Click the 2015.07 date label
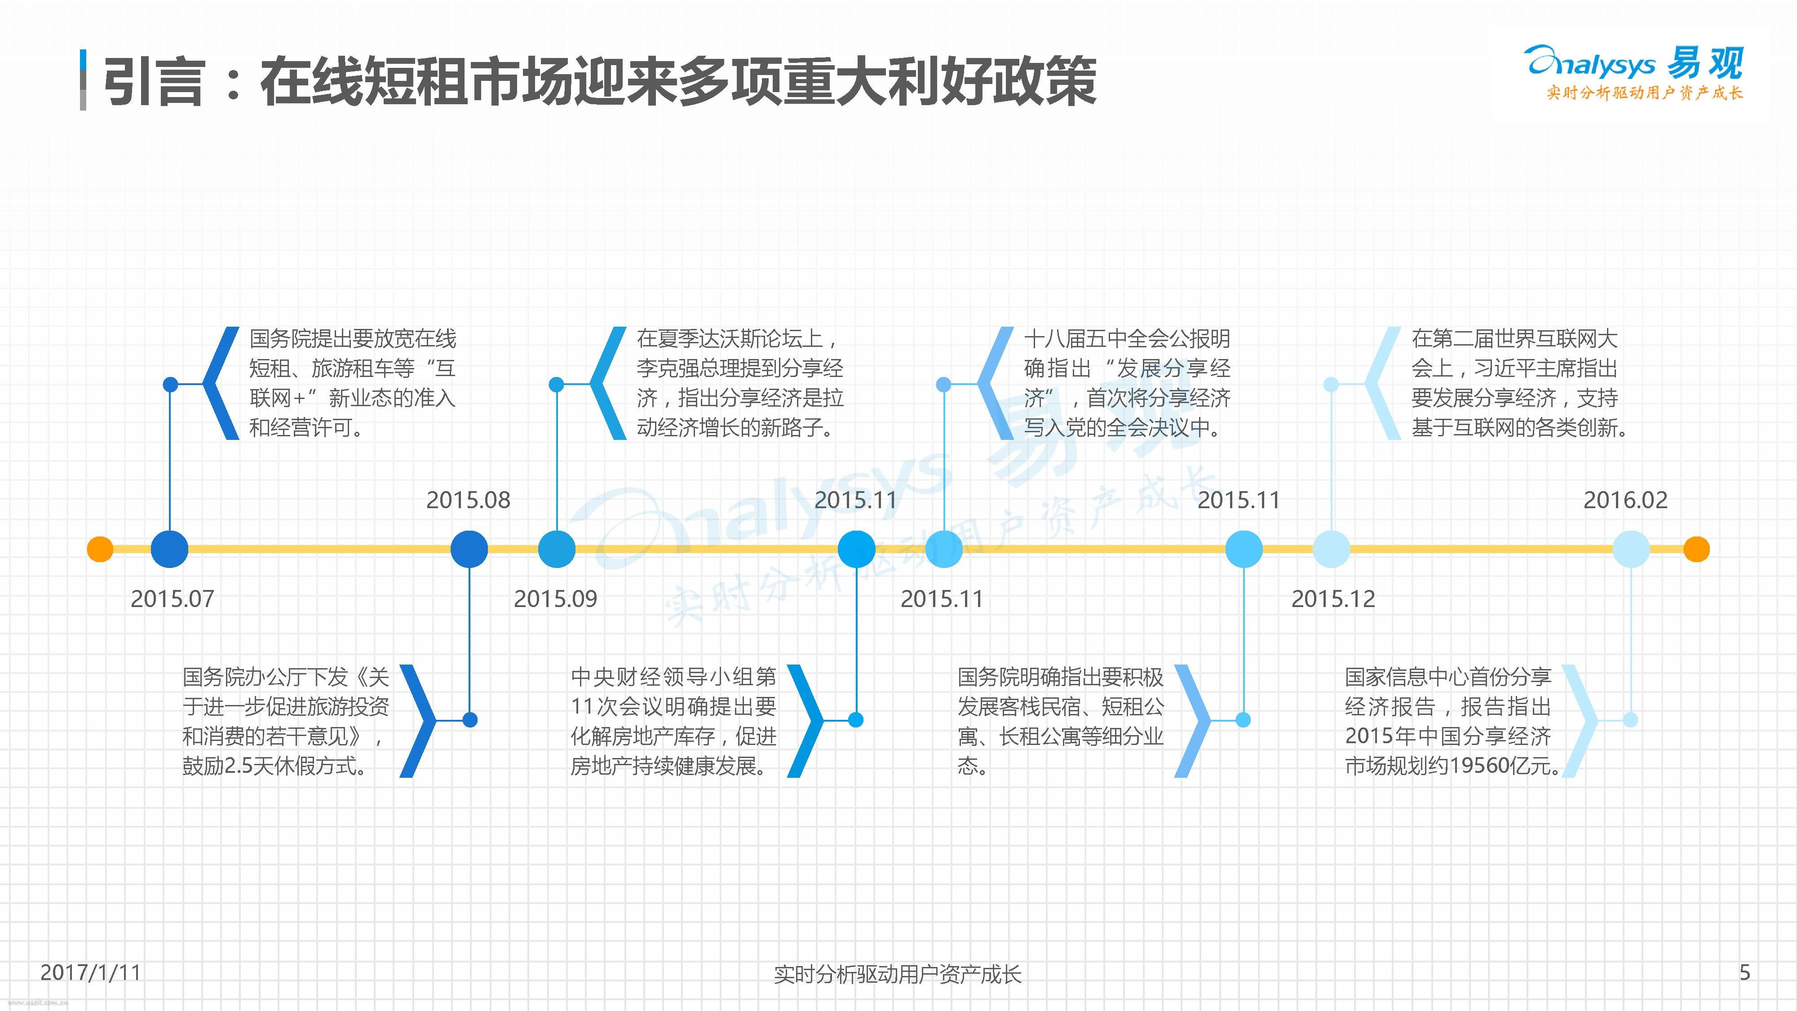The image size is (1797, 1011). pos(173,599)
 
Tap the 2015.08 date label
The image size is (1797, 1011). pos(468,500)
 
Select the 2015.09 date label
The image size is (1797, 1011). pos(555,599)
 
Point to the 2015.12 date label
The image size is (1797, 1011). pos(1332,599)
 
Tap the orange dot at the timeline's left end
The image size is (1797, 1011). pos(100,549)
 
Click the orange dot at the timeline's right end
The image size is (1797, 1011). pos(1696,549)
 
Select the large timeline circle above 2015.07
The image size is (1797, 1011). pos(169,549)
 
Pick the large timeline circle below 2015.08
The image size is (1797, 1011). pos(469,549)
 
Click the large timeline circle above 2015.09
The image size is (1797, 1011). pos(557,549)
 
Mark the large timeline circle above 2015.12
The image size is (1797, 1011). pos(1331,549)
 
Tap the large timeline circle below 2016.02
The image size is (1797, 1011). pos(1631,549)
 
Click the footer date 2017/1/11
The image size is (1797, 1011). pos(91,972)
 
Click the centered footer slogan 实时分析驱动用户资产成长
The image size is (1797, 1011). pos(898,974)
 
